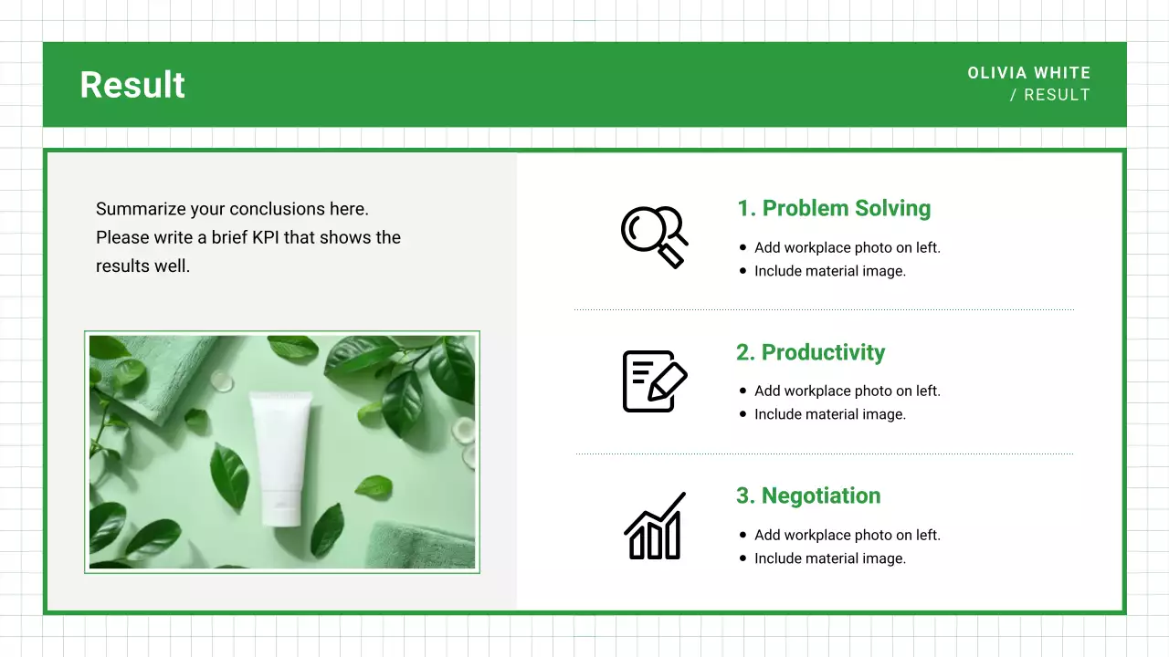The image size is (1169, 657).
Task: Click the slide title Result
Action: click(x=132, y=85)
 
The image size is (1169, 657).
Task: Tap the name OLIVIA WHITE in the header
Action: click(x=1028, y=73)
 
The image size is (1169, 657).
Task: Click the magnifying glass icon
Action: click(x=654, y=236)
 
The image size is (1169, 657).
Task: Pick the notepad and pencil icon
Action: click(x=654, y=381)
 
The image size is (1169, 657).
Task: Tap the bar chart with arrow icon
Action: click(x=654, y=526)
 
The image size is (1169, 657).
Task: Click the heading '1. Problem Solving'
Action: click(x=833, y=208)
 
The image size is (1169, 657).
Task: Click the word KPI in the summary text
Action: click(x=266, y=237)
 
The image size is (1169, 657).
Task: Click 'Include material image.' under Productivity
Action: click(x=829, y=414)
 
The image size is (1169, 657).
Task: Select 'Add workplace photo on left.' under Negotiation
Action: click(x=847, y=535)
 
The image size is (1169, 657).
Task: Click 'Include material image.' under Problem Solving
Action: click(x=829, y=271)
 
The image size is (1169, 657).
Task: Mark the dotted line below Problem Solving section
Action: click(x=824, y=310)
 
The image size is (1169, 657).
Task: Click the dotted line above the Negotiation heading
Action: click(x=824, y=454)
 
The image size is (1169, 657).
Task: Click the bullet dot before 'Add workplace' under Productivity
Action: click(x=742, y=391)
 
